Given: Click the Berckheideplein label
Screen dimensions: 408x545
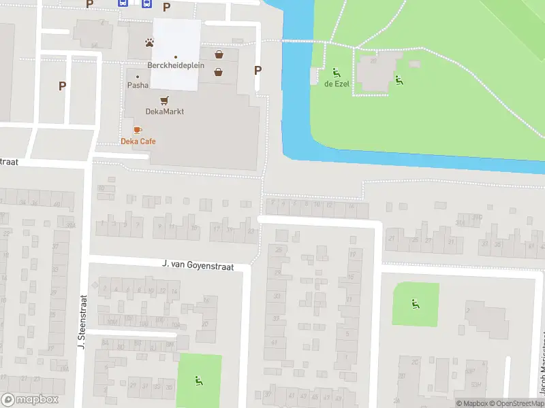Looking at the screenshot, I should pyautogui.click(x=176, y=66).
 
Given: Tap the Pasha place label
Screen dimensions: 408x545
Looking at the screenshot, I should pyautogui.click(x=138, y=86).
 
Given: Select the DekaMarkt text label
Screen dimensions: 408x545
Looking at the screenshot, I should pyautogui.click(x=165, y=112).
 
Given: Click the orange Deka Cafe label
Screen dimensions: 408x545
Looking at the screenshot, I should pyautogui.click(x=138, y=141).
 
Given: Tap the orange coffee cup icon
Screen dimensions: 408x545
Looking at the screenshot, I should pyautogui.click(x=138, y=129).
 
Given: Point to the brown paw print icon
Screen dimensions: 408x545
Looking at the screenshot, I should pyautogui.click(x=149, y=43).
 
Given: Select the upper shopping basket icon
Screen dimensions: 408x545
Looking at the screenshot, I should pyautogui.click(x=219, y=55).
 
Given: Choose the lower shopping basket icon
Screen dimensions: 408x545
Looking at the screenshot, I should pyautogui.click(x=219, y=71).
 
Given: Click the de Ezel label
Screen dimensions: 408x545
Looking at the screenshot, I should pyautogui.click(x=337, y=83).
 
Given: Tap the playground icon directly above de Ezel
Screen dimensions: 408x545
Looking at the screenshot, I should pyautogui.click(x=335, y=71).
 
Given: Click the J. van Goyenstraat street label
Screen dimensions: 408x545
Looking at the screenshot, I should pyautogui.click(x=198, y=266).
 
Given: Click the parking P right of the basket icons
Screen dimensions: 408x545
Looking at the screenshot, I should pyautogui.click(x=258, y=70).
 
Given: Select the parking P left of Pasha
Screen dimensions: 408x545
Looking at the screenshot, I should pyautogui.click(x=62, y=86).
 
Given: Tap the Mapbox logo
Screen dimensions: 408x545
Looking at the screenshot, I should pyautogui.click(x=30, y=400).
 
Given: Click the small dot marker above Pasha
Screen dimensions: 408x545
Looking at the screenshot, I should pyautogui.click(x=138, y=76).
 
